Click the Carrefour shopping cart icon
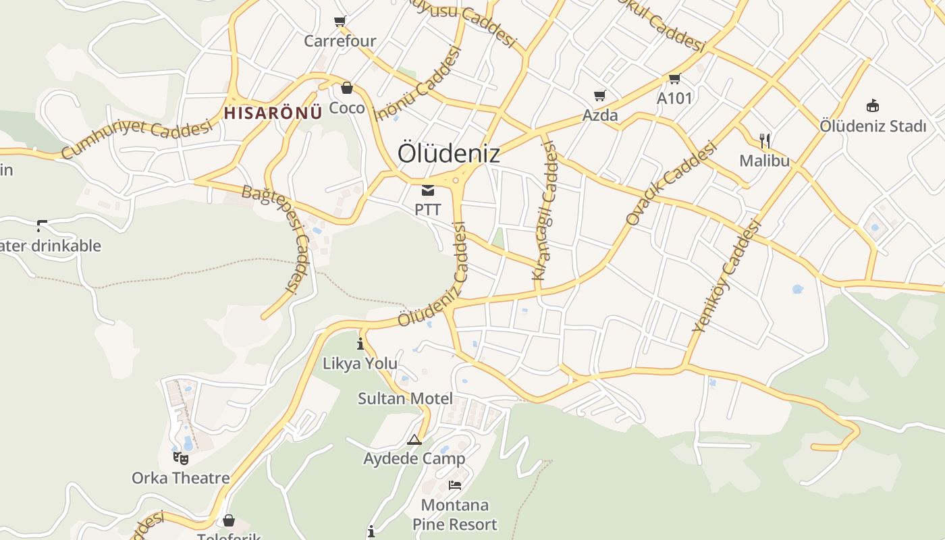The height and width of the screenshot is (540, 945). pyautogui.click(x=340, y=21)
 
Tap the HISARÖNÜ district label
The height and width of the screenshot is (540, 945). pyautogui.click(x=273, y=113)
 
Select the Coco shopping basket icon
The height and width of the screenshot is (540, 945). pyautogui.click(x=347, y=88)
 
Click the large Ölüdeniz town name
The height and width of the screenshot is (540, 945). pyautogui.click(x=449, y=153)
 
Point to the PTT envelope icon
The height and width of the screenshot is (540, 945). pyautogui.click(x=428, y=190)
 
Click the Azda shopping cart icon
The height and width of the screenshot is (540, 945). pyautogui.click(x=599, y=96)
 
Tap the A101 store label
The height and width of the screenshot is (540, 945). pyautogui.click(x=674, y=99)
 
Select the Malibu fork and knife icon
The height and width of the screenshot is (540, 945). pyautogui.click(x=765, y=140)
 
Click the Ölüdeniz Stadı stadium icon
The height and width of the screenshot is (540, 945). pyautogui.click(x=873, y=105)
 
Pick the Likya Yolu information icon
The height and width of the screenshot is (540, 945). pyautogui.click(x=360, y=344)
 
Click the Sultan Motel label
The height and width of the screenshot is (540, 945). pyautogui.click(x=405, y=398)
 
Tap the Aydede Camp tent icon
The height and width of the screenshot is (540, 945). pyautogui.click(x=414, y=440)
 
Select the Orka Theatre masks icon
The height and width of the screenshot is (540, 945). pyautogui.click(x=180, y=458)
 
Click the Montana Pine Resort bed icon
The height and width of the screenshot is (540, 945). pyautogui.click(x=455, y=485)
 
